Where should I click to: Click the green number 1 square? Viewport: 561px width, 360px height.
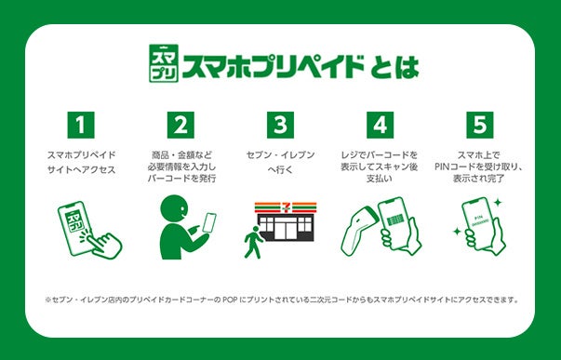pyautogui.click(x=81, y=125)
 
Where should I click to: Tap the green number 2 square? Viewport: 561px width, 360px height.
pyautogui.click(x=180, y=125)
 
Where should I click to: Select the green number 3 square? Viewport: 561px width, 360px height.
pyautogui.click(x=281, y=125)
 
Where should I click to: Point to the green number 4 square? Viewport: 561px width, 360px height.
pyautogui.click(x=380, y=125)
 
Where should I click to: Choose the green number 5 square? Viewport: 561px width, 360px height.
pyautogui.click(x=480, y=125)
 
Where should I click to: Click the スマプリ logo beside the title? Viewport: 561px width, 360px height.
pyautogui.click(x=164, y=63)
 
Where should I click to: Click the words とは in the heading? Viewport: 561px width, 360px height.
pyautogui.click(x=394, y=67)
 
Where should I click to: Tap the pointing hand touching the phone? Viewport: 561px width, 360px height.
pyautogui.click(x=104, y=245)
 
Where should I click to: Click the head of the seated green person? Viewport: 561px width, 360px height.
pyautogui.click(x=174, y=208)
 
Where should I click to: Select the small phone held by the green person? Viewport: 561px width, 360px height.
pyautogui.click(x=209, y=223)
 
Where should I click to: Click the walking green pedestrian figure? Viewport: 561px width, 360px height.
pyautogui.click(x=253, y=242)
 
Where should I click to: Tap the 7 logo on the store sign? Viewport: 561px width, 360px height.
pyautogui.click(x=286, y=207)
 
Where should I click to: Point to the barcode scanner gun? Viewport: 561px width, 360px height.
pyautogui.click(x=358, y=230)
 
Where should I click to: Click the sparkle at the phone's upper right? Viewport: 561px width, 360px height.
pyautogui.click(x=498, y=203)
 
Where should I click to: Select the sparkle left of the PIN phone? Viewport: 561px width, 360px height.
pyautogui.click(x=457, y=232)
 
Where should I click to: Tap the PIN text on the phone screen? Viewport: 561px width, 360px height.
pyautogui.click(x=479, y=218)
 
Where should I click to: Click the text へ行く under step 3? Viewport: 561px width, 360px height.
pyautogui.click(x=281, y=170)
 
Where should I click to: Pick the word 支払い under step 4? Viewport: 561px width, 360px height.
pyautogui.click(x=380, y=179)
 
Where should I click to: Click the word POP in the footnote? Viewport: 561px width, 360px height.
pyautogui.click(x=230, y=300)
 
